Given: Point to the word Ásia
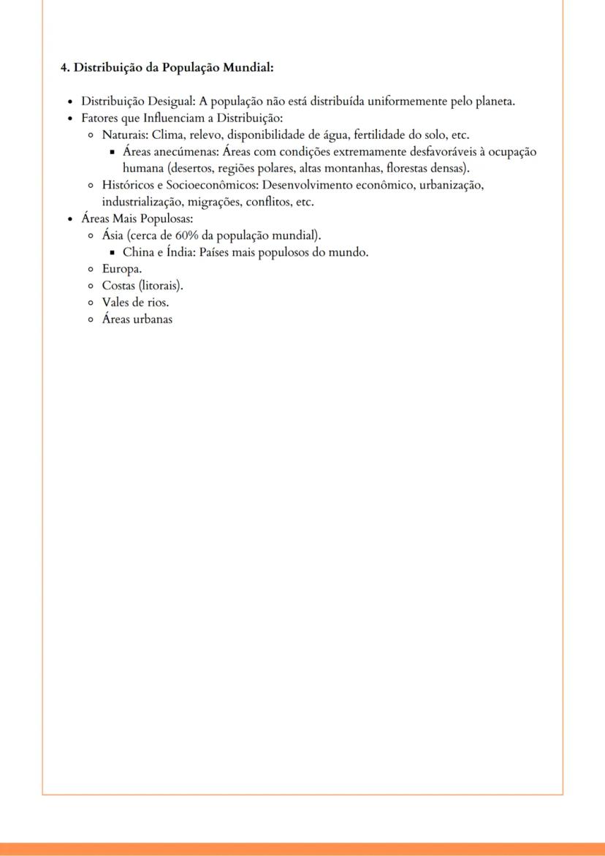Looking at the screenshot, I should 113,235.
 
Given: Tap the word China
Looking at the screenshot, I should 137,252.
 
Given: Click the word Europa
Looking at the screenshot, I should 121,269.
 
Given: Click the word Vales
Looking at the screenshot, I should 116,302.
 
